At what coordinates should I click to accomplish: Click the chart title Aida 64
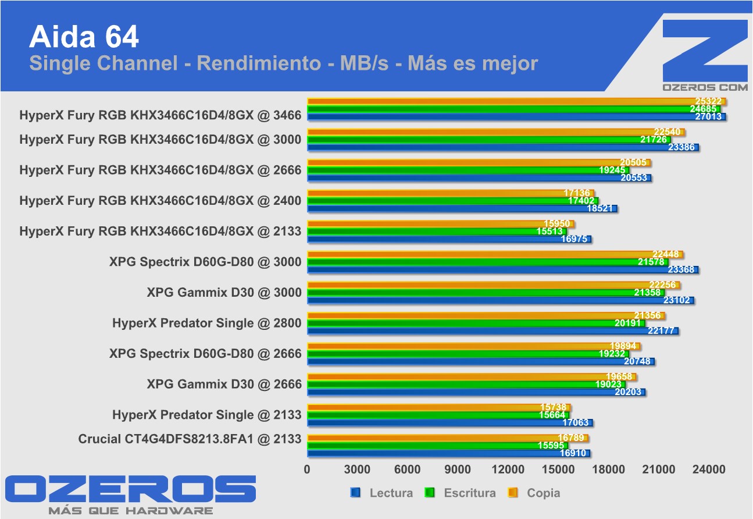coord(84,37)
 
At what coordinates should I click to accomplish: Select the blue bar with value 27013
coord(516,116)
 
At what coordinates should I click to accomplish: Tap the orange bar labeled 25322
coord(516,102)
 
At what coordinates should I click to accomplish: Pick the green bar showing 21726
coord(488,140)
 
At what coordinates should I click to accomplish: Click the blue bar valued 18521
coord(462,208)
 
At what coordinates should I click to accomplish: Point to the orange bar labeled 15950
coord(440,223)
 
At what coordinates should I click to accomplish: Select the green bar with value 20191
coord(476,323)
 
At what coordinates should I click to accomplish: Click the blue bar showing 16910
coord(448,453)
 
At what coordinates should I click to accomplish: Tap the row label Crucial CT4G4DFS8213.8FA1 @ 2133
coord(190,439)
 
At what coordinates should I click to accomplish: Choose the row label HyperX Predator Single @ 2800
coord(206,323)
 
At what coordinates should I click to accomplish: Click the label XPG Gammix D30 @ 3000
coord(224,293)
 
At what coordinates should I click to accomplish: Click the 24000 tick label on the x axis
coord(709,470)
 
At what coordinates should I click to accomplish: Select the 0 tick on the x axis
coord(308,470)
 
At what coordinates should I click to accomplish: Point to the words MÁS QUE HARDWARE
coord(130,510)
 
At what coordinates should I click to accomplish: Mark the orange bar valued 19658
coord(472,376)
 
